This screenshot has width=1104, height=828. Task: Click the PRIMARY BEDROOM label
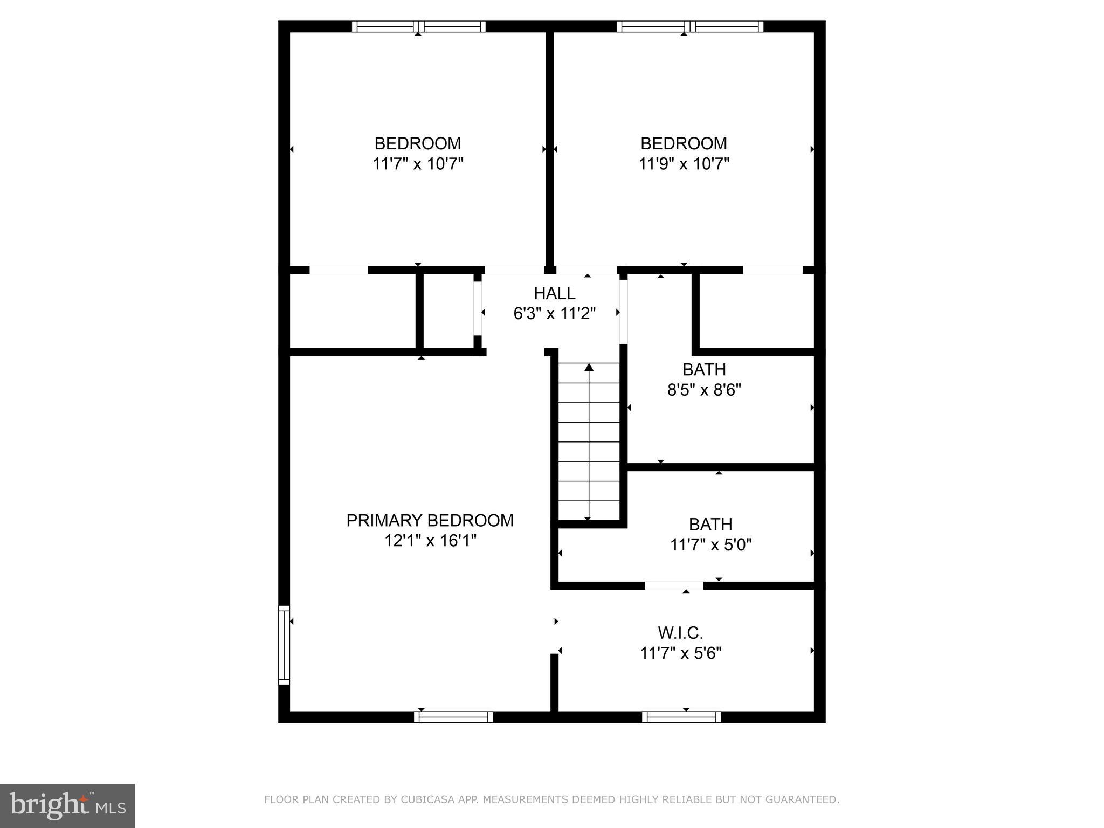[x=430, y=520]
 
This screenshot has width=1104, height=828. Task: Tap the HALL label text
[x=554, y=293]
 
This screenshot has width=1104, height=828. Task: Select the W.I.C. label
[x=680, y=632]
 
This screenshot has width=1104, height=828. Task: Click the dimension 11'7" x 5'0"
[x=710, y=545]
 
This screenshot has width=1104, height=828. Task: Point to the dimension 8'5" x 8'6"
[x=704, y=390]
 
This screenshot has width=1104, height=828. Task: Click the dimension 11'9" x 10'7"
[x=684, y=164]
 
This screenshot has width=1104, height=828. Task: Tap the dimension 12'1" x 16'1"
[x=430, y=540]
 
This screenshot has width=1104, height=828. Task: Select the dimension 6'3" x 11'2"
[x=554, y=313]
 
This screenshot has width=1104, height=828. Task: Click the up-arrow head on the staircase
[x=589, y=368]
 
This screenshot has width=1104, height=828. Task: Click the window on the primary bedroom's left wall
[x=284, y=645]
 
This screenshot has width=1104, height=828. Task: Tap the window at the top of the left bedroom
[x=418, y=26]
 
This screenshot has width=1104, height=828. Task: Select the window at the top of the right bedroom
[x=690, y=26]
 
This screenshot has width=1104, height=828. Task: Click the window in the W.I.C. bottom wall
[x=681, y=717]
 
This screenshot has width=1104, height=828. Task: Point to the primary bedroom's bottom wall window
[x=453, y=717]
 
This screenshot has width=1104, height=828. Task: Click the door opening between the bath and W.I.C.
[x=674, y=586]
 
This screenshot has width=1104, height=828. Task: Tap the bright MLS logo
[x=67, y=806]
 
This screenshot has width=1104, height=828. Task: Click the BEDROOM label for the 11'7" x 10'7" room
[x=418, y=143]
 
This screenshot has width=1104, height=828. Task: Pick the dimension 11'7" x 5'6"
[x=680, y=653]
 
